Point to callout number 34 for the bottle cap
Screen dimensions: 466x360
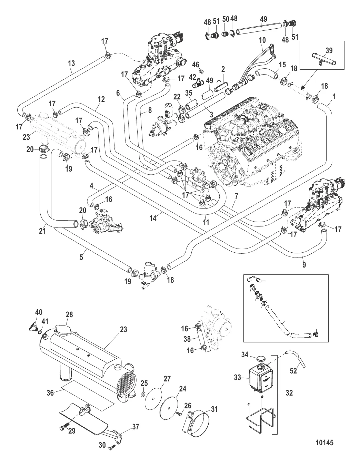[x=244, y=355]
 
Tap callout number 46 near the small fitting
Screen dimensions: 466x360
[x=196, y=64]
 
